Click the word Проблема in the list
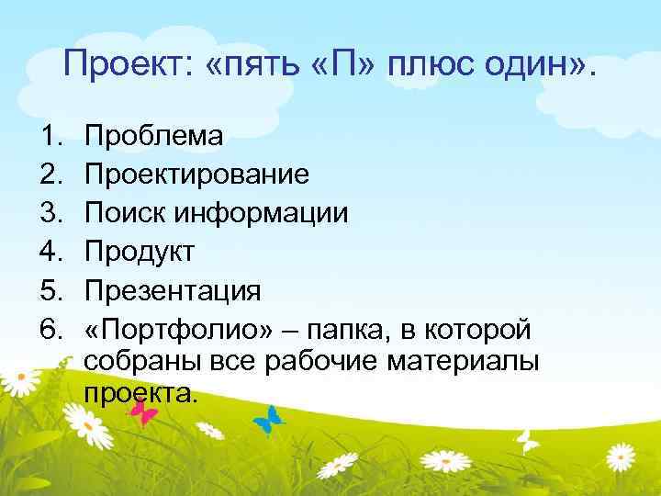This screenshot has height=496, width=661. coord(153,137)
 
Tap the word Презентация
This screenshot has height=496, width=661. coord(173,291)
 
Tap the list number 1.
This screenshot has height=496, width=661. coord(50,137)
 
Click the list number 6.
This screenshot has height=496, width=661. coord(50,330)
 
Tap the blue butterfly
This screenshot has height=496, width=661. coord(269,421)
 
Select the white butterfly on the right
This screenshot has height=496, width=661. coord(527,442)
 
